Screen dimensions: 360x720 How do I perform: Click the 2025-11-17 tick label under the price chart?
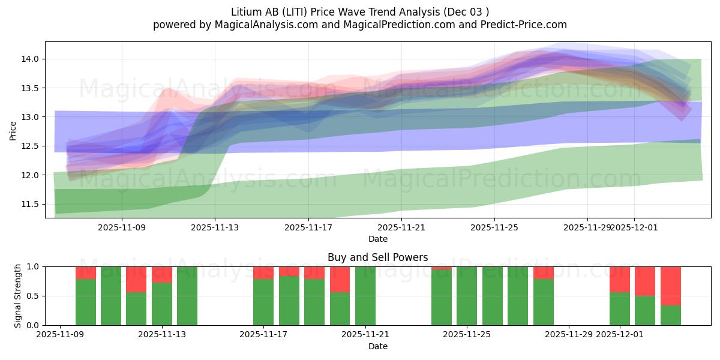click(x=308, y=227)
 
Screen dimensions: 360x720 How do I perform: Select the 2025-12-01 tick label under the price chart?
click(x=635, y=227)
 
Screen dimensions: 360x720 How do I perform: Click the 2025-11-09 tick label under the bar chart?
click(x=61, y=335)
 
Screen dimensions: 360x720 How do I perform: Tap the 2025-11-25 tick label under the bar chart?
click(x=467, y=335)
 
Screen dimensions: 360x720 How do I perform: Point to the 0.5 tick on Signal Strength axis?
click(x=33, y=296)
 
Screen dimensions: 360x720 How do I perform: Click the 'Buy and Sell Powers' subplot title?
click(x=377, y=257)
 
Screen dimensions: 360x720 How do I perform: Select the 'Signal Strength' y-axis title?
click(x=18, y=295)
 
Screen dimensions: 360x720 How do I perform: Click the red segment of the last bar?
click(x=670, y=286)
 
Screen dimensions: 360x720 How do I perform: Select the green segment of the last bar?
click(x=670, y=315)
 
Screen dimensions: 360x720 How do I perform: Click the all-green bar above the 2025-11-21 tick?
click(x=365, y=295)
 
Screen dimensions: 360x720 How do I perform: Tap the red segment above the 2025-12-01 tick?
click(x=619, y=279)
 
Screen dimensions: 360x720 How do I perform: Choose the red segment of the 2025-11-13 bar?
click(x=162, y=274)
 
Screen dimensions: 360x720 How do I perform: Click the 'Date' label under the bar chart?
click(x=377, y=346)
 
